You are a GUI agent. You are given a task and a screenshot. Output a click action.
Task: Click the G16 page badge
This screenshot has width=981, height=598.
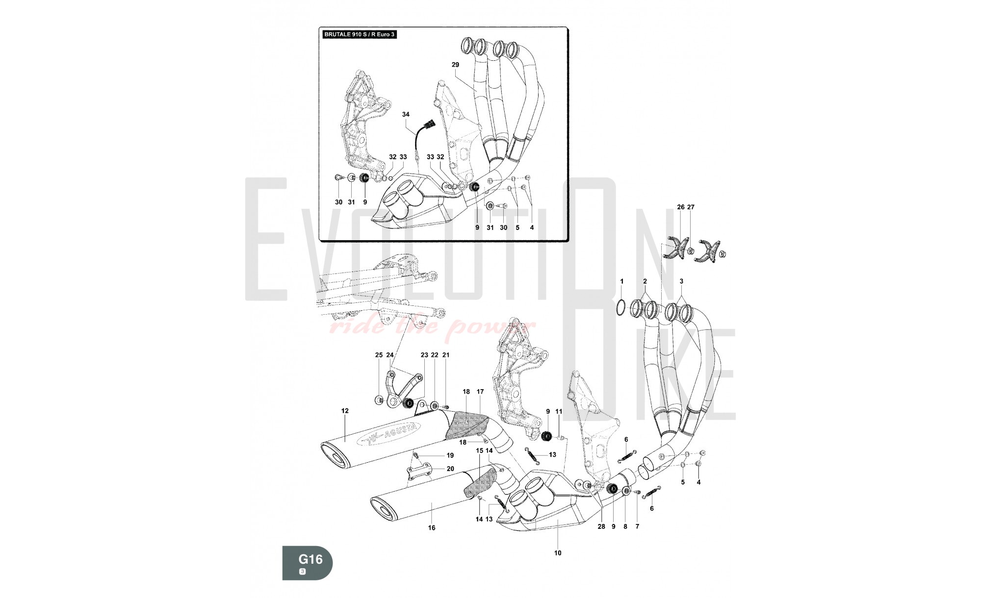coord(308,562)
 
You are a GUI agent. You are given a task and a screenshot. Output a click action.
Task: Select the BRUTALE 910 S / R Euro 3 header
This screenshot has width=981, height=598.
coord(359,35)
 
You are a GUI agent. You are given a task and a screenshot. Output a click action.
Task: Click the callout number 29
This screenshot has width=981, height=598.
coord(455,65)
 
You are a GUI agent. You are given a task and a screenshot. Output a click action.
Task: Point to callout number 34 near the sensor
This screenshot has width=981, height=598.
coord(406,114)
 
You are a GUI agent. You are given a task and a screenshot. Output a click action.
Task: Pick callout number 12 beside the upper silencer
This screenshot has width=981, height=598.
coord(345,411)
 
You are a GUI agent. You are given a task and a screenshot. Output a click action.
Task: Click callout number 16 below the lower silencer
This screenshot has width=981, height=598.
coord(432,528)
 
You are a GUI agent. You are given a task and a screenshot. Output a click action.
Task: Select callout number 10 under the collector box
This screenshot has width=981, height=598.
coord(558,553)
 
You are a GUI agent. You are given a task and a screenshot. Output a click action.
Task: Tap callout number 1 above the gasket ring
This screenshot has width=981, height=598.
coord(621,281)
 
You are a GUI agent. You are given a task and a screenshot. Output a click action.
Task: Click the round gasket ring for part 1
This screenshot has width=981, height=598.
coord(620,307)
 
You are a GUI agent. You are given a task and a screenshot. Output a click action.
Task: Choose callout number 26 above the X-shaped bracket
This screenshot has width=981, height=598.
coord(680,207)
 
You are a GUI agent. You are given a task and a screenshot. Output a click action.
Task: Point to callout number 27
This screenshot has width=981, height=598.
coord(691,207)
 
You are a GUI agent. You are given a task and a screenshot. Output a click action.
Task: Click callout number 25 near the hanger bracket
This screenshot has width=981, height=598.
coord(379,355)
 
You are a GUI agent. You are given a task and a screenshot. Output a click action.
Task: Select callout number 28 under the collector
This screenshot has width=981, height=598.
coord(601,527)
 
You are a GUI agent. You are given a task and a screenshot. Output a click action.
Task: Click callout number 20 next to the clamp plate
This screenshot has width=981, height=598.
coord(450,469)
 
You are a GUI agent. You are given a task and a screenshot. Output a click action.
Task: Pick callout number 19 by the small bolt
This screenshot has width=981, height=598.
coord(450,455)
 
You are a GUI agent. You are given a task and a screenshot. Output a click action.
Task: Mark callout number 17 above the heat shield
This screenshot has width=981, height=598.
coord(480,392)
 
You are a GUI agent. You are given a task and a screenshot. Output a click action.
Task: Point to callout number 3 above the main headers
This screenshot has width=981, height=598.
coord(681,281)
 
